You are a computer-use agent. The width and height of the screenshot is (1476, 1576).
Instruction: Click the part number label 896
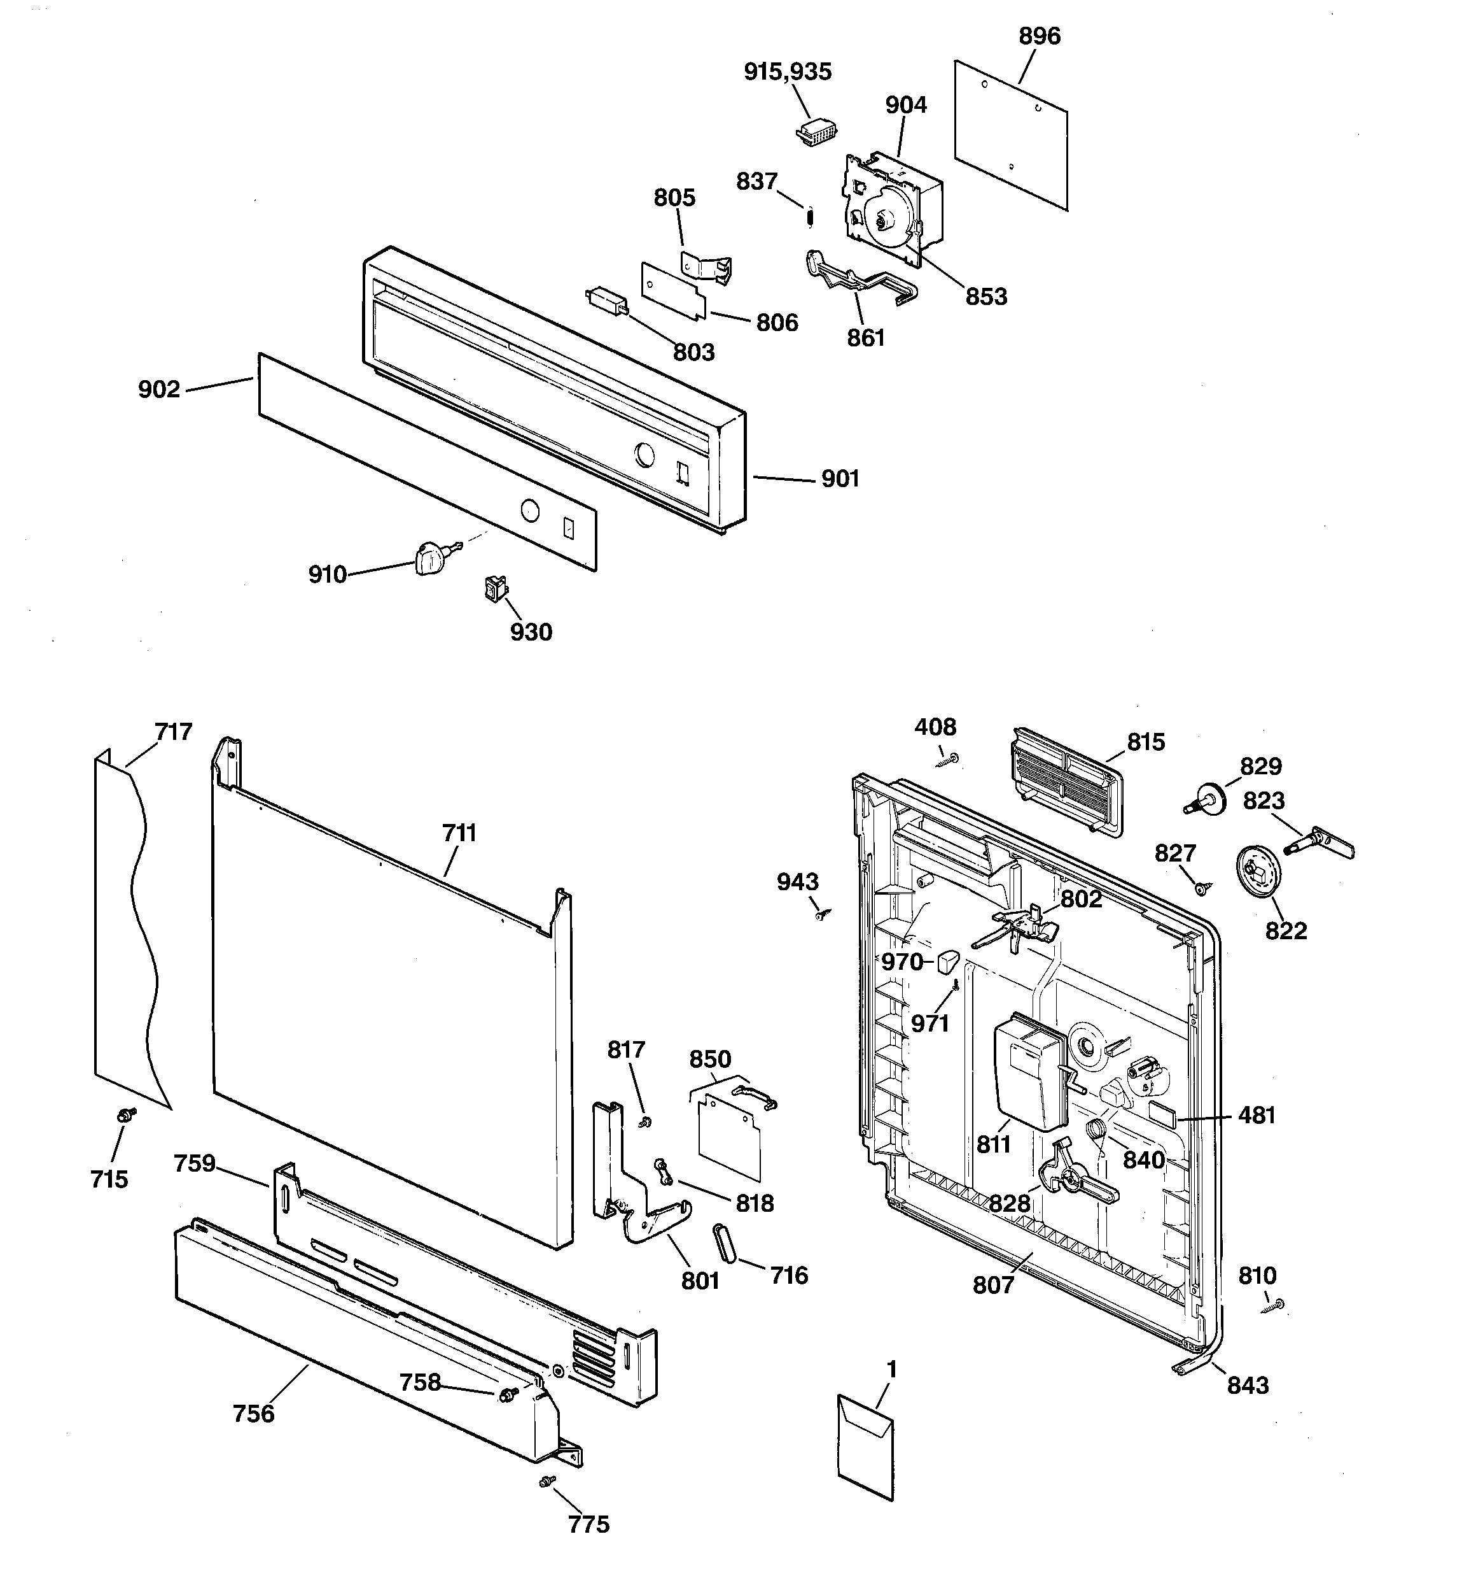tap(1039, 36)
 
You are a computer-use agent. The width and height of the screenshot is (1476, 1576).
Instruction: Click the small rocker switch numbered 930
tap(496, 589)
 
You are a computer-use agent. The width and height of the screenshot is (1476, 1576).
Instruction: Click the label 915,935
tap(788, 72)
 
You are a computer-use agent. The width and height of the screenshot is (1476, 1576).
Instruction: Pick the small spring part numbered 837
tap(809, 216)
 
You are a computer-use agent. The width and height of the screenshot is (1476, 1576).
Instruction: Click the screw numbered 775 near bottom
tap(547, 1481)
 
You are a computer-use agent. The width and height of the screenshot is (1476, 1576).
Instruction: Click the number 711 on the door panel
tap(459, 833)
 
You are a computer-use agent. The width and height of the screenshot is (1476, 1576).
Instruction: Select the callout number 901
tap(840, 479)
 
